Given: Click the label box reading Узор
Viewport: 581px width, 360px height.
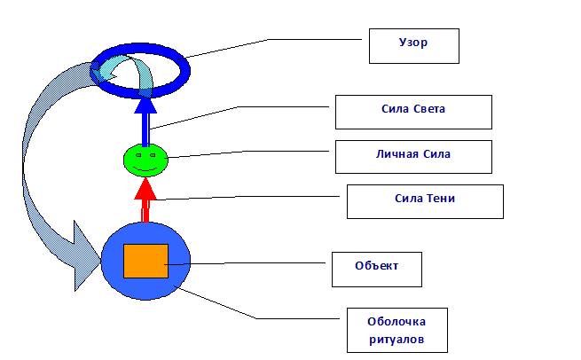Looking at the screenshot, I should click(x=413, y=45).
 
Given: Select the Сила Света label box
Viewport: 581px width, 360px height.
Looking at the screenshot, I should click(x=412, y=112).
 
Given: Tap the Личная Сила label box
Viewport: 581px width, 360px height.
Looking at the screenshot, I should click(x=412, y=155).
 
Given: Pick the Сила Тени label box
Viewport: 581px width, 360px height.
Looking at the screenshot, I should click(x=425, y=200).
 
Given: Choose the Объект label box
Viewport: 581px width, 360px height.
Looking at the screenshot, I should click(x=376, y=269).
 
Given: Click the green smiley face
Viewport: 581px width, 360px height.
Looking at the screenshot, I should click(x=145, y=159).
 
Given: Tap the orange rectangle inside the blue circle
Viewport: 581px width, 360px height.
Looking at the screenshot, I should click(x=145, y=260).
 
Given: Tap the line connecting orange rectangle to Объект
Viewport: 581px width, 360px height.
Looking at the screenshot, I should click(x=248, y=262).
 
